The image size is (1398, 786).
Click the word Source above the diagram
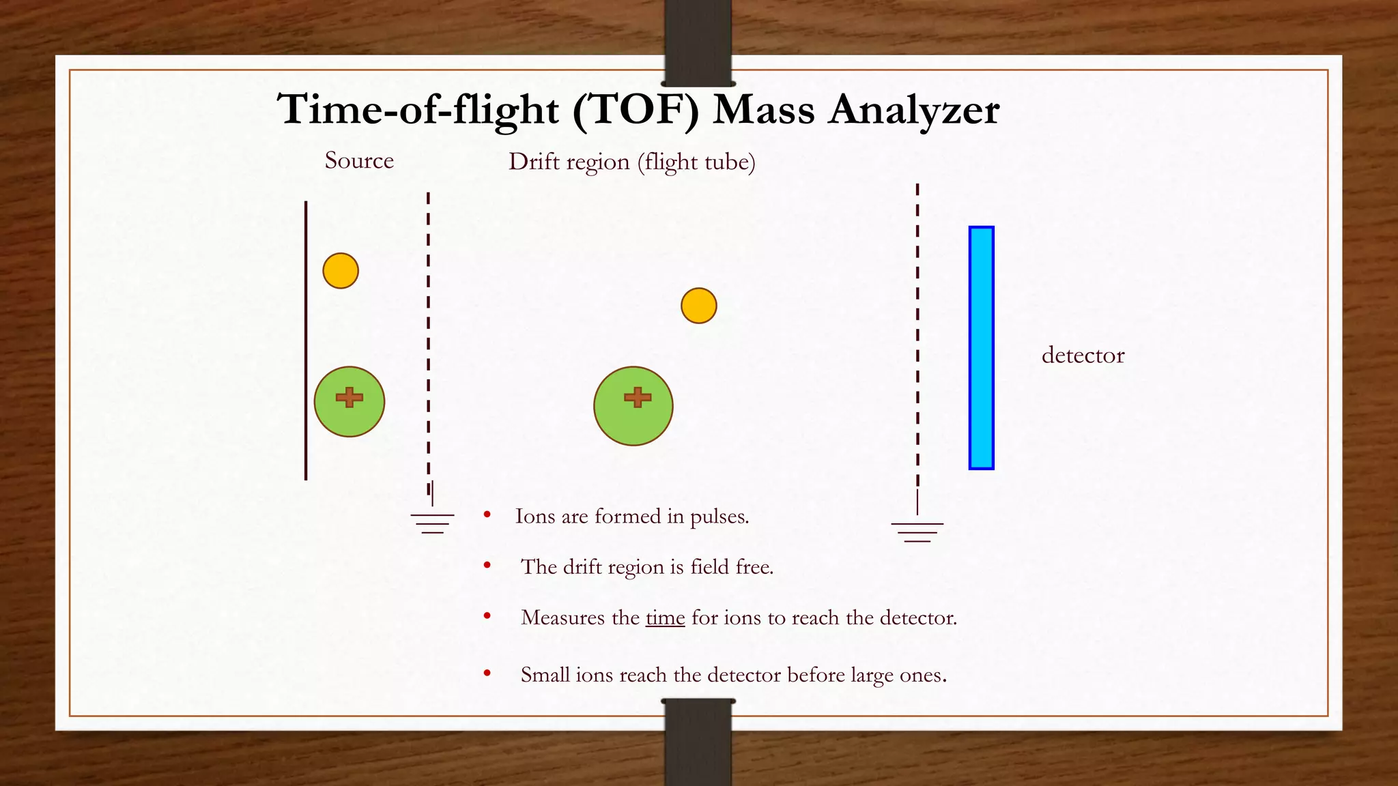pyautogui.click(x=359, y=161)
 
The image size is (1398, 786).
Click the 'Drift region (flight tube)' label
pyautogui.click(x=631, y=162)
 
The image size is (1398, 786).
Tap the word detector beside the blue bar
pyautogui.click(x=1083, y=355)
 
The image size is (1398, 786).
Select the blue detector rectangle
pyautogui.click(x=981, y=348)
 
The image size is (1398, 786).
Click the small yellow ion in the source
pyautogui.click(x=341, y=271)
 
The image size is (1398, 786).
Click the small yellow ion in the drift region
pyautogui.click(x=698, y=306)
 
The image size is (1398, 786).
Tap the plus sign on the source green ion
pyautogui.click(x=349, y=397)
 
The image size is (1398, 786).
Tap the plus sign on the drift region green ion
pyautogui.click(x=638, y=397)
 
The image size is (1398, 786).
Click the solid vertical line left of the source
pyautogui.click(x=306, y=341)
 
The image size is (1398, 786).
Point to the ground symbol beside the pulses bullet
pyautogui.click(x=432, y=523)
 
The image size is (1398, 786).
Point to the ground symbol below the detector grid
pyautogui.click(x=917, y=532)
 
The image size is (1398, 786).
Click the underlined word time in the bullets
pyautogui.click(x=665, y=618)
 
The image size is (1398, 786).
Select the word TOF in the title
pyautogui.click(x=636, y=109)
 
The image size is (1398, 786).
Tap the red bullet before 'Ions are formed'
pyautogui.click(x=487, y=515)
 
